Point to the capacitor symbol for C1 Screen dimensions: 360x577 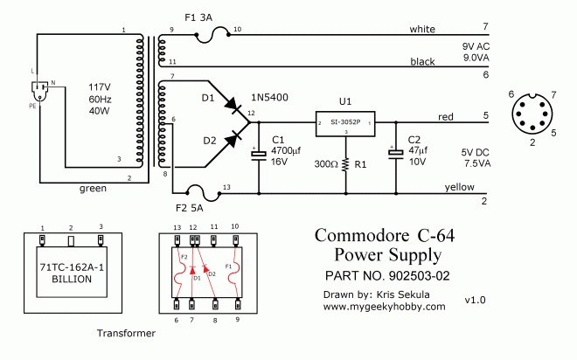[259, 155]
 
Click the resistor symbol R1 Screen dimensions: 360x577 [346, 163]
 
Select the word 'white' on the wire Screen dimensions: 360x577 [422, 30]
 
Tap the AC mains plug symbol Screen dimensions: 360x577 [41, 88]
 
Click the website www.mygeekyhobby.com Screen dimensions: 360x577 [384, 306]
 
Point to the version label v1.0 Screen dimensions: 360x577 [475, 300]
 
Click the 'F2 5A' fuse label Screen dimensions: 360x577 [189, 209]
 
